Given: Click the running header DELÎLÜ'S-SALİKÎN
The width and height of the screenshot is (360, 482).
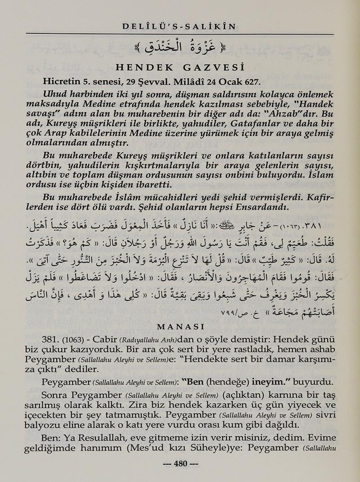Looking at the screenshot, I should tap(179, 27).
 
